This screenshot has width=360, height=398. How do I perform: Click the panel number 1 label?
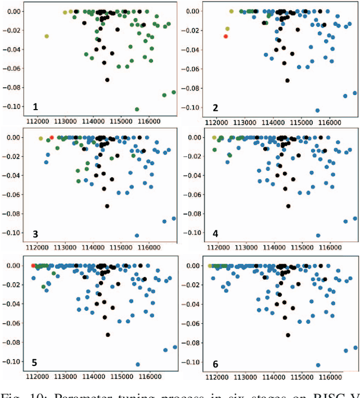pyautogui.click(x=35, y=107)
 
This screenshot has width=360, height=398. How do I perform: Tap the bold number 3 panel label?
pyautogui.click(x=35, y=234)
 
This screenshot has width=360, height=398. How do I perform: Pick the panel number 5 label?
pyautogui.click(x=35, y=360)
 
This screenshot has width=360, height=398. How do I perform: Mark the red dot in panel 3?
pyautogui.click(x=51, y=138)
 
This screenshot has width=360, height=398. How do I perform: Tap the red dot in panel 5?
pyautogui.click(x=33, y=265)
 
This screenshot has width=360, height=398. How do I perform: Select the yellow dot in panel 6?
pyautogui.click(x=210, y=265)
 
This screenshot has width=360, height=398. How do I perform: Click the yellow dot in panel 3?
pyautogui.click(x=40, y=138)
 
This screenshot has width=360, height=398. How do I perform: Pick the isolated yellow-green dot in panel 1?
pyautogui.click(x=47, y=36)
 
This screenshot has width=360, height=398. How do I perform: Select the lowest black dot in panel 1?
pyautogui.click(x=107, y=80)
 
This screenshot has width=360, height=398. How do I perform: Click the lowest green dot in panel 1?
pyautogui.click(x=137, y=109)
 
